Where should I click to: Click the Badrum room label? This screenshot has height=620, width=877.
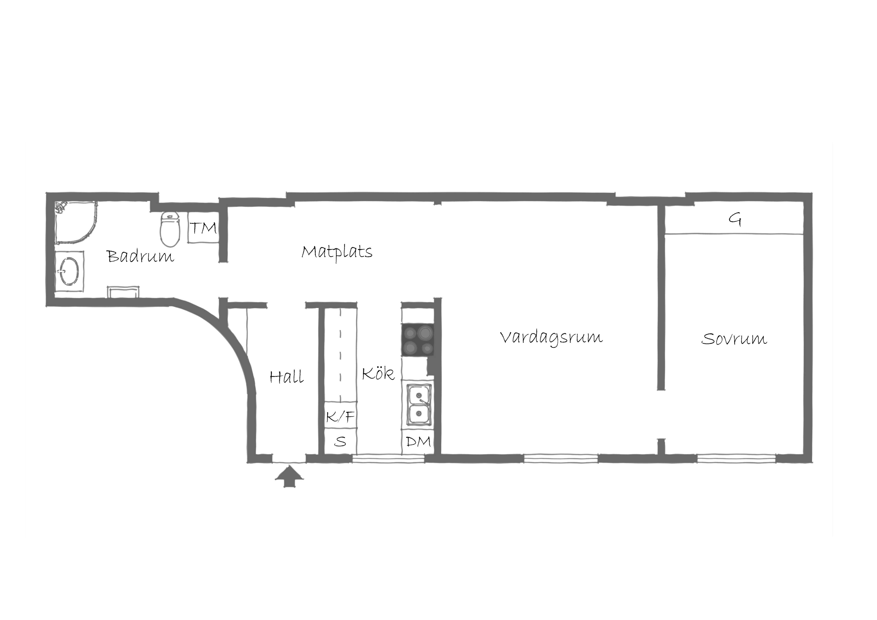(140, 256)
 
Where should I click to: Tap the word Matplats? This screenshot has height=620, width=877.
(337, 252)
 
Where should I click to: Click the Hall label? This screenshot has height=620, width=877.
(287, 377)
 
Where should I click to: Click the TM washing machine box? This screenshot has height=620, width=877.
(203, 228)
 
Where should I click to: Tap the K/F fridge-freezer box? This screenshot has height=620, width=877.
(340, 415)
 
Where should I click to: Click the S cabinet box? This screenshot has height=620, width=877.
(340, 441)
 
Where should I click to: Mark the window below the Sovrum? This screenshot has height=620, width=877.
(737, 458)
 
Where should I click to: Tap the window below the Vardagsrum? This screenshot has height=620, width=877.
(561, 458)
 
